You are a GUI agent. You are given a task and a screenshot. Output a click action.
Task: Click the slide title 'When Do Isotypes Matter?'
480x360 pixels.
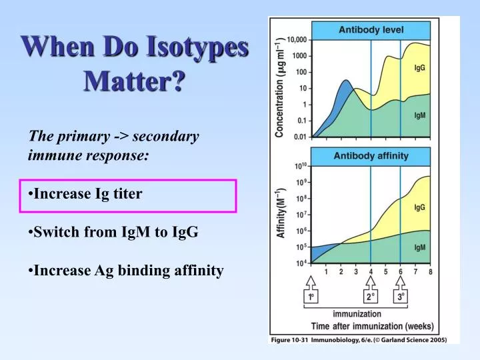(135, 64)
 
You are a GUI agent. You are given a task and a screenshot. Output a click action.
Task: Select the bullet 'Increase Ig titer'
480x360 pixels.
(87, 194)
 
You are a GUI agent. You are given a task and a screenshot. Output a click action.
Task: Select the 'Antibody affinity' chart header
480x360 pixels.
(371, 156)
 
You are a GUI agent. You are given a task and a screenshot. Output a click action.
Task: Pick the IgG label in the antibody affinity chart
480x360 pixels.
(420, 207)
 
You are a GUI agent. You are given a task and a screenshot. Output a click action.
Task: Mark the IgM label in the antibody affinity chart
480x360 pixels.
(420, 247)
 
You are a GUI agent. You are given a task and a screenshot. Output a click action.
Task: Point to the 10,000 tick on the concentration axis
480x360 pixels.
(295, 39)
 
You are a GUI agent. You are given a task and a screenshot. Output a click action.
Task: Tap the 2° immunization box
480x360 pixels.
(371, 297)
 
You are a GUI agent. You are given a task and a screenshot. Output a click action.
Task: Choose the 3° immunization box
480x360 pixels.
(401, 297)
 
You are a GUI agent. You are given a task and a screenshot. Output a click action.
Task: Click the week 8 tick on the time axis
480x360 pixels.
(430, 272)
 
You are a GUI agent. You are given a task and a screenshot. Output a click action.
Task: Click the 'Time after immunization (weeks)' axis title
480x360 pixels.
(371, 326)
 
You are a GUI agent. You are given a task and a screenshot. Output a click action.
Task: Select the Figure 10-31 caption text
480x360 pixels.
(364, 340)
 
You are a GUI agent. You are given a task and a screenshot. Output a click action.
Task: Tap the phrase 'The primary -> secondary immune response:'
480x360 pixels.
(113, 145)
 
